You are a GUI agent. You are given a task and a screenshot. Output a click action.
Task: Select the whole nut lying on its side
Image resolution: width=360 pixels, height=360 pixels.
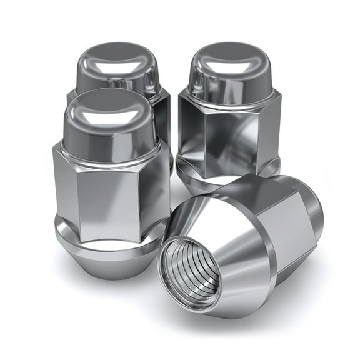244,244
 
